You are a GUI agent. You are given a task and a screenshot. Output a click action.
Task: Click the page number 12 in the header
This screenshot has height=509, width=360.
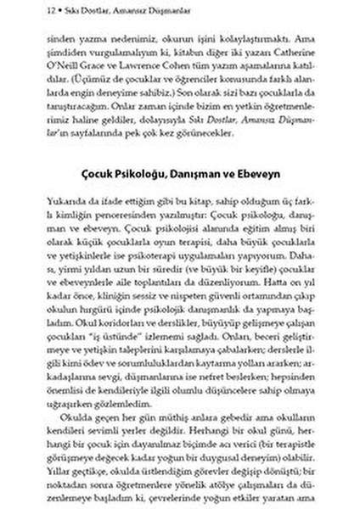click(29, 11)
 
